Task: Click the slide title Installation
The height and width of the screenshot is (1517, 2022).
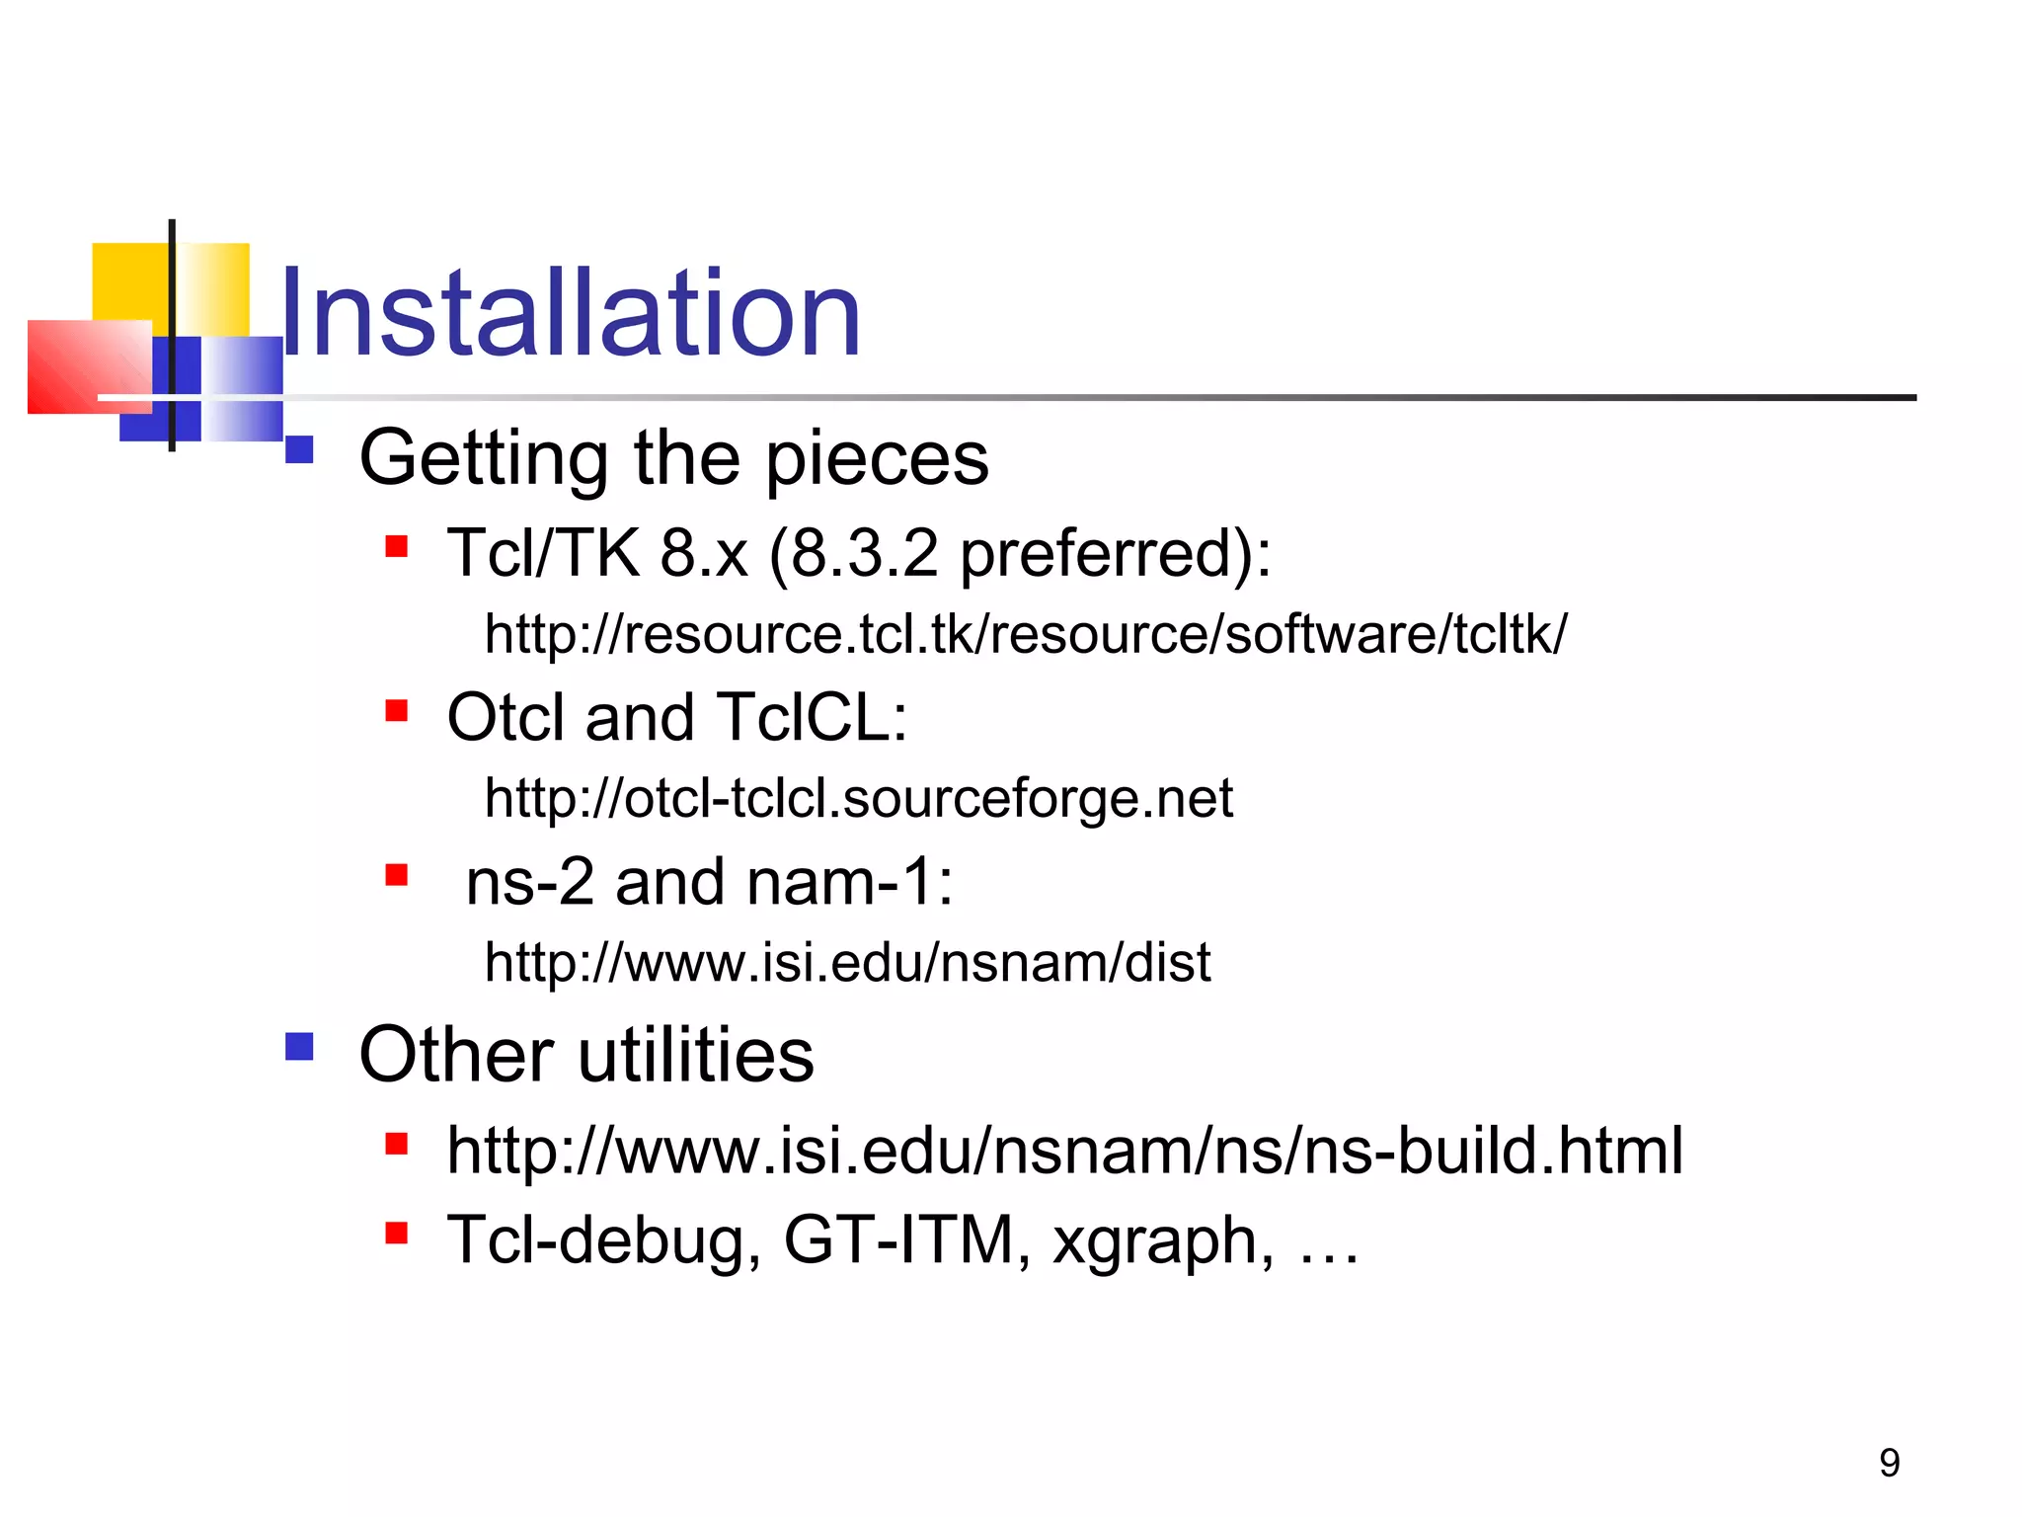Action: point(571,314)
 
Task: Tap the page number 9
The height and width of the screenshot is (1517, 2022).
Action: point(1889,1463)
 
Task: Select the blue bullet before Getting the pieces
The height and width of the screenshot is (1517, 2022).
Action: point(299,449)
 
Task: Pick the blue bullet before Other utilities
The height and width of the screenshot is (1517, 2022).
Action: point(299,1046)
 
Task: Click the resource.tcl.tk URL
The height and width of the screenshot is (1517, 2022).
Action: point(1025,634)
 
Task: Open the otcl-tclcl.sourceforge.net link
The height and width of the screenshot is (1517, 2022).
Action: point(858,798)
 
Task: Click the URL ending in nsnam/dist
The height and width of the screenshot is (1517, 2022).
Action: point(847,962)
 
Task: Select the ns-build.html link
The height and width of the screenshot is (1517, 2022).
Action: point(1064,1151)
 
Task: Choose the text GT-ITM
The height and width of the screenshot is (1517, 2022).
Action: point(906,1240)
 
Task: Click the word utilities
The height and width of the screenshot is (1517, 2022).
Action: point(696,1055)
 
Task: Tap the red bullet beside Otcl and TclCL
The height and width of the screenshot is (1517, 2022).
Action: point(397,710)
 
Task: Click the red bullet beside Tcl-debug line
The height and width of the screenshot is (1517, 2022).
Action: point(397,1233)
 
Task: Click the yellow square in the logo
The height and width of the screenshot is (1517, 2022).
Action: point(128,281)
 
